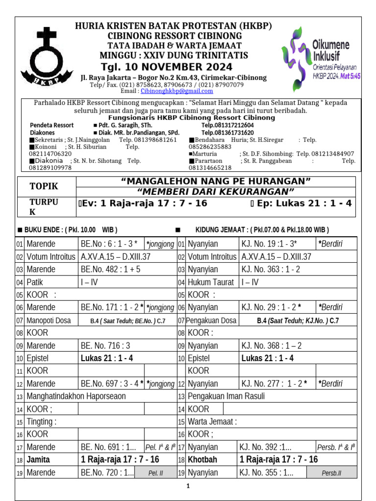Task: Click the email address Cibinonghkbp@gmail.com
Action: point(177,91)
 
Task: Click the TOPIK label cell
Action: point(44,186)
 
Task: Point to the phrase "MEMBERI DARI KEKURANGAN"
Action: point(216,191)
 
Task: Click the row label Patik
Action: point(35,282)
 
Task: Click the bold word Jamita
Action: point(39,459)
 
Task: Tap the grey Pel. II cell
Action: point(156,473)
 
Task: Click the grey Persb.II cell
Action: point(331,473)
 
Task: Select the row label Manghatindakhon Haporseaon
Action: point(76,396)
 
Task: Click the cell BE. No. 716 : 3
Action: point(105,345)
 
